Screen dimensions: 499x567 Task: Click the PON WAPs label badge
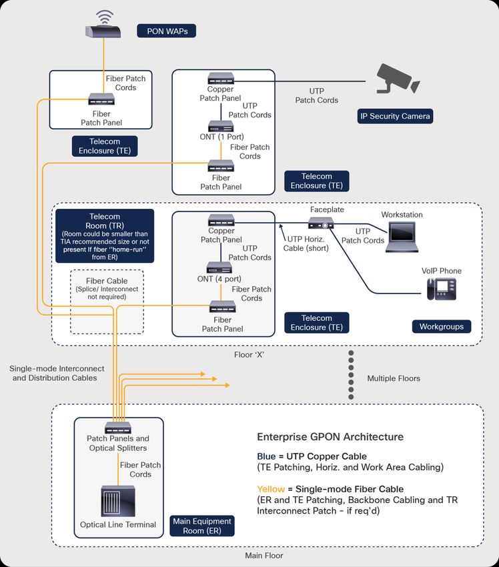coord(166,31)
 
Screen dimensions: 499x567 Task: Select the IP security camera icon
coord(398,79)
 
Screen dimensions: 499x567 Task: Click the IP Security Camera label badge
coord(395,116)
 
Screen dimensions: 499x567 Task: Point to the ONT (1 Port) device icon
coord(221,127)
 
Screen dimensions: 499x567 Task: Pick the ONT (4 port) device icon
coord(219,267)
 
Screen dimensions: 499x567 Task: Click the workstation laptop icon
coord(402,237)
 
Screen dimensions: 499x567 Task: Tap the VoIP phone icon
coord(441,289)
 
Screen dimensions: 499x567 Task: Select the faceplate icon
coord(321,223)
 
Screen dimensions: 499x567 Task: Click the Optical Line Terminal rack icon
coord(118,501)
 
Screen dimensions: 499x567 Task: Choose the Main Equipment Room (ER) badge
coord(201,526)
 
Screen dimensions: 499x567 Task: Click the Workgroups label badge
coord(442,327)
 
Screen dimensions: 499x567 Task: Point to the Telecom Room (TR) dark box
coord(105,235)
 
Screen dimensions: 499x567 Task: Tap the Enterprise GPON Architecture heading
coord(330,437)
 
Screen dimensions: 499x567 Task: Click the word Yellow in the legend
coord(271,489)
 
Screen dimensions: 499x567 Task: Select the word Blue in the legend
coord(266,456)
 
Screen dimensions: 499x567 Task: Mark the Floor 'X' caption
coord(249,355)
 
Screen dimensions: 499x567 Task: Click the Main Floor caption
coord(264,556)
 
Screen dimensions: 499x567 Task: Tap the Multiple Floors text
coord(394,378)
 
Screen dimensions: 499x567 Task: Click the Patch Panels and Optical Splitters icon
coord(118,428)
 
